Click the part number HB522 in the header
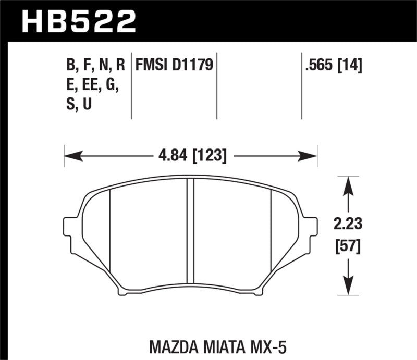click(78, 21)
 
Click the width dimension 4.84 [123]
click(191, 156)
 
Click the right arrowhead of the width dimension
click(313, 155)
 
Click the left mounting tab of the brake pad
click(70, 228)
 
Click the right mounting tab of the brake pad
click(311, 228)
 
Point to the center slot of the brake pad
click(190, 234)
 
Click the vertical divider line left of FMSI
click(131, 86)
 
